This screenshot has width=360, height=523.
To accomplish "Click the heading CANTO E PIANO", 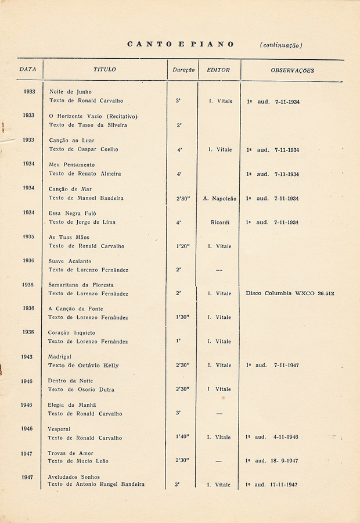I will (180, 44).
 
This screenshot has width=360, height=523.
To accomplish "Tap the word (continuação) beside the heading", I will (281, 45).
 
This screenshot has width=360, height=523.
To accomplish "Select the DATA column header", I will (28, 69).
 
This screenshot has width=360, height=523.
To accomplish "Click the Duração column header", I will (183, 70).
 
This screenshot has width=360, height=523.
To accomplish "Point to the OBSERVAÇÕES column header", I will (293, 70).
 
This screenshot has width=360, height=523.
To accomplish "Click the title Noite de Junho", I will (70, 92).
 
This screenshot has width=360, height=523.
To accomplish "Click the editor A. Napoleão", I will (219, 198).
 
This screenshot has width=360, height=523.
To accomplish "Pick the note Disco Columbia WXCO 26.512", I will (290, 293).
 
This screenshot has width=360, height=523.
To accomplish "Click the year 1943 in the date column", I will (28, 356).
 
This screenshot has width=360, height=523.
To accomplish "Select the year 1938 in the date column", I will (28, 332).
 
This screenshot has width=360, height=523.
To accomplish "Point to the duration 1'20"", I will (182, 246).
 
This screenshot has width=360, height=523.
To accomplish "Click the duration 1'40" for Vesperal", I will (182, 437).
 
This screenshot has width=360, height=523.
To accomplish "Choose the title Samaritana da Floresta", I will (81, 285).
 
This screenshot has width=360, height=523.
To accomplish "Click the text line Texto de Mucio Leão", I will (78, 461).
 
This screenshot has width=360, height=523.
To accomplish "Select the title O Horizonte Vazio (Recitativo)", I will (93, 116).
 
